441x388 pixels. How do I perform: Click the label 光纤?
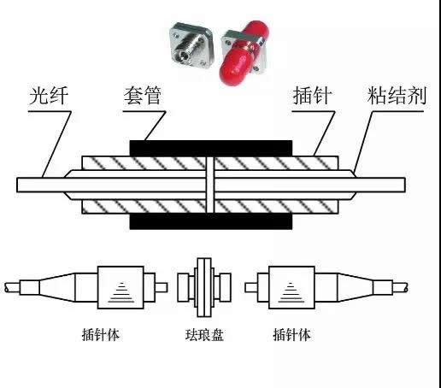49,96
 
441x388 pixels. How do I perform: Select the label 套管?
143,95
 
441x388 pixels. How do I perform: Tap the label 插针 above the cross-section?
313,95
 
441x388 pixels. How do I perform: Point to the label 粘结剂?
397,95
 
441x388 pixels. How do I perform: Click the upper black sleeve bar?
211,148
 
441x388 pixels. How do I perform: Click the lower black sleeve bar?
211,221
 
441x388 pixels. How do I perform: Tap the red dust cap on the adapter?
242,53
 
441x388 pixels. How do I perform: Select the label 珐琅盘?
204,335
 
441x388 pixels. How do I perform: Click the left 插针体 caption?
101,335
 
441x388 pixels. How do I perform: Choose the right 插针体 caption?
292,335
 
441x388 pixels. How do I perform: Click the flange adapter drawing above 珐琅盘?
204,287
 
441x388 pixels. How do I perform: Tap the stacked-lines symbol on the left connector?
121,292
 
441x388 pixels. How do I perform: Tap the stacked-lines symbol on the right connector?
291,292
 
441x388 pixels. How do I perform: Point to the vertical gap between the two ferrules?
210,185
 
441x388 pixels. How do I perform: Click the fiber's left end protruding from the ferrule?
40,185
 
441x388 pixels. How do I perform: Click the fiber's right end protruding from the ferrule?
380,185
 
